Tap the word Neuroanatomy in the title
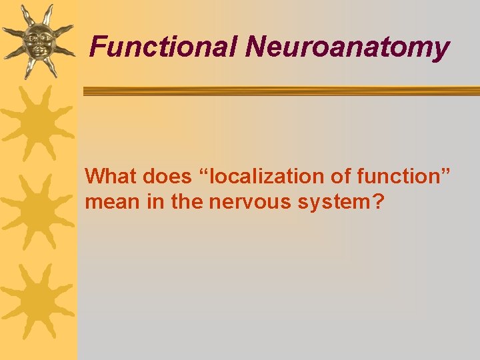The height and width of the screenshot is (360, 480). [347, 47]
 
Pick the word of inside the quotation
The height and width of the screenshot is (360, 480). [342, 177]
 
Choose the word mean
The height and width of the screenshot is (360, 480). [108, 201]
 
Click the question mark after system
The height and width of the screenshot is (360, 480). [379, 201]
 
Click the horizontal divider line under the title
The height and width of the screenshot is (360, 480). [280, 91]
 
